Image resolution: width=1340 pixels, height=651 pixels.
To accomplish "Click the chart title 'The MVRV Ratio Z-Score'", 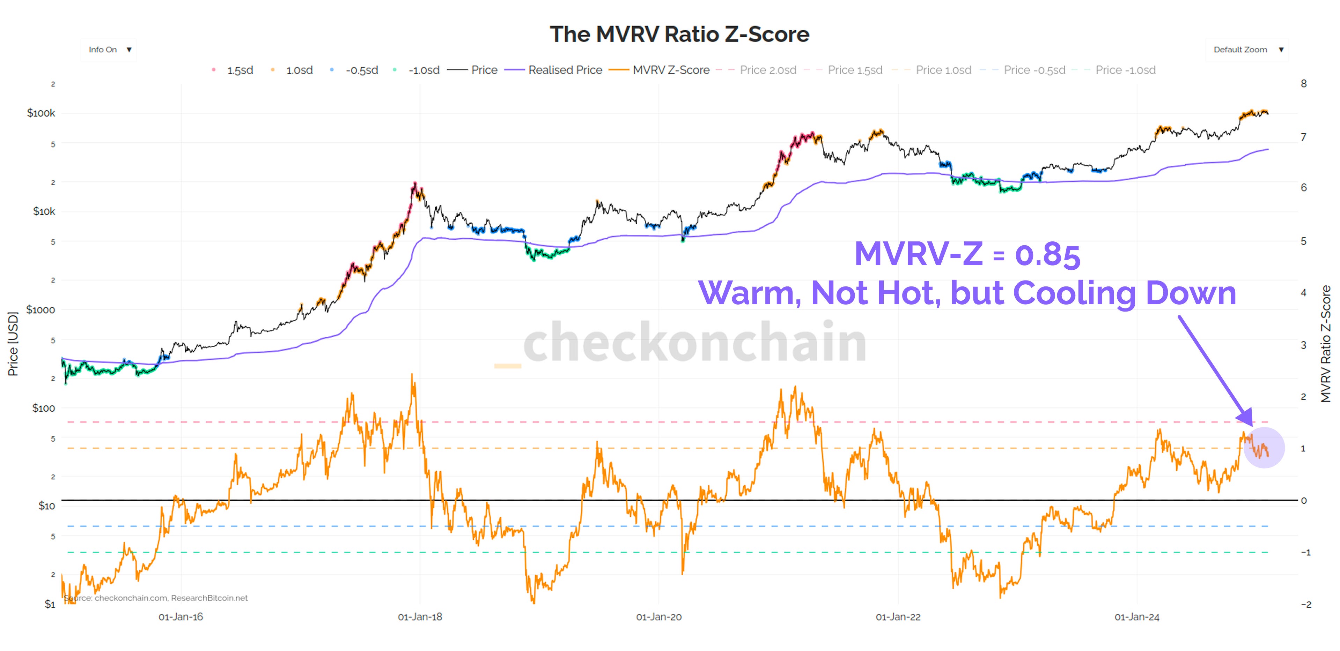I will click(679, 34).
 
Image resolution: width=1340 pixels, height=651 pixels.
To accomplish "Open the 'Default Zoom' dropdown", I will click(1247, 50).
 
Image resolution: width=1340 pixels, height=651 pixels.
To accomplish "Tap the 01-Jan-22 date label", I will click(898, 617).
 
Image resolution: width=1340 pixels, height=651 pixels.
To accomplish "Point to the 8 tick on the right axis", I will click(1304, 84).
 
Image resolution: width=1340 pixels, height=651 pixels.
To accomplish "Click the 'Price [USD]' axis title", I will click(13, 344).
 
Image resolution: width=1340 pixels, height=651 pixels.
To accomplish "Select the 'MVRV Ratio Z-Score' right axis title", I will click(1326, 344).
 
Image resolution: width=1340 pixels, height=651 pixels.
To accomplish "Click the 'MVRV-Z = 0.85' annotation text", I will click(967, 255).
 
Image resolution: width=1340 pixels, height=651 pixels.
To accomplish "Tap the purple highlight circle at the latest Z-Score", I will click(1264, 448).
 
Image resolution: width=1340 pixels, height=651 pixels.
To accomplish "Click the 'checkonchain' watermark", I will click(694, 342).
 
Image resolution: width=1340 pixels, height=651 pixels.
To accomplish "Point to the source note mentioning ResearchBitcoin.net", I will click(156, 598).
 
